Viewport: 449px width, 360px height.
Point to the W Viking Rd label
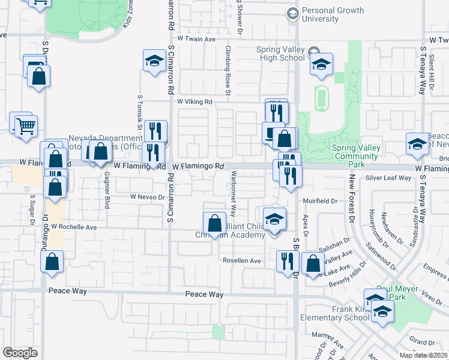coord(195,102)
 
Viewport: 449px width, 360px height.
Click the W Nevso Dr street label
coord(147,196)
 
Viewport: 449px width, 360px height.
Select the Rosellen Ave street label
coord(242,261)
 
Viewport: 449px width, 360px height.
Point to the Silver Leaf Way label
coord(388,178)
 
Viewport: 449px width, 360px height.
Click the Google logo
coord(20,352)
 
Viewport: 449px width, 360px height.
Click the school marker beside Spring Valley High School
coord(321,65)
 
